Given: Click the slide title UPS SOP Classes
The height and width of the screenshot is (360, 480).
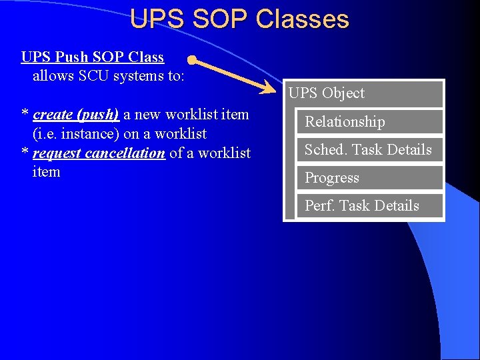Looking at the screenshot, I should click(239, 19).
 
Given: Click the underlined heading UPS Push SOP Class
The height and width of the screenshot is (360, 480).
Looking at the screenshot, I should click(93, 57).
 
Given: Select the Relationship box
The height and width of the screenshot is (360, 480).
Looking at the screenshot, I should click(369, 122).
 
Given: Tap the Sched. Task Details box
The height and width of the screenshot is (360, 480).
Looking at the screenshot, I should click(369, 150).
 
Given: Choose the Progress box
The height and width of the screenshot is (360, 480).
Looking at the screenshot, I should click(369, 178).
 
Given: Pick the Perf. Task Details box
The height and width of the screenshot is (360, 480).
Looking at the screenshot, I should click(369, 206).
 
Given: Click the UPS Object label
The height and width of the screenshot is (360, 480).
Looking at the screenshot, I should click(327, 93).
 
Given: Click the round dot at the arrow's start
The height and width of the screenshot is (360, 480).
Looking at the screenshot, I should click(191, 61).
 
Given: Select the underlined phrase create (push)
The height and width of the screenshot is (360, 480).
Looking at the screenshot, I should click(76, 115).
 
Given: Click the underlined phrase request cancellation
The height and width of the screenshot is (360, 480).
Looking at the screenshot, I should click(99, 153).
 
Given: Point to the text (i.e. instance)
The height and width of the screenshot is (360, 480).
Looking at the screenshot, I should click(76, 134).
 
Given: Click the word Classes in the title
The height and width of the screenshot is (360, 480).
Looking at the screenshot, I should click(302, 19).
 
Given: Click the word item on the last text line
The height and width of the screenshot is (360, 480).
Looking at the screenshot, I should click(46, 172).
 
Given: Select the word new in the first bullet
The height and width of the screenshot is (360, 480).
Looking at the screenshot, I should click(147, 115).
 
